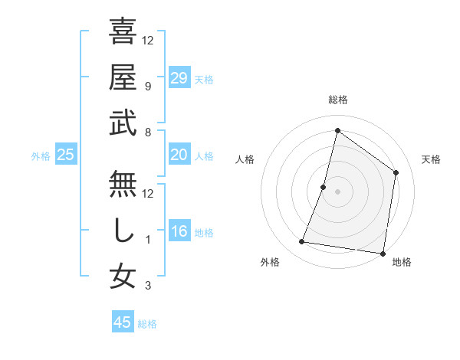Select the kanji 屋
pyautogui.click(x=123, y=78)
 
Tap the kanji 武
pyautogui.click(x=123, y=123)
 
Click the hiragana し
pyautogui.click(x=123, y=231)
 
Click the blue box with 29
pyautogui.click(x=179, y=78)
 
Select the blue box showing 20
pyautogui.click(x=179, y=155)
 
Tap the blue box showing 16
pyautogui.click(x=179, y=231)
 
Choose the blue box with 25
pyautogui.click(x=66, y=155)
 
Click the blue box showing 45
pyautogui.click(x=123, y=322)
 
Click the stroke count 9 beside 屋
pyautogui.click(x=148, y=87)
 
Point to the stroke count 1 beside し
pyautogui.click(x=148, y=240)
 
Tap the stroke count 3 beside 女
pyautogui.click(x=148, y=286)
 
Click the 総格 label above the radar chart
pyautogui.click(x=338, y=100)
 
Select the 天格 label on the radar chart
pyautogui.click(x=432, y=159)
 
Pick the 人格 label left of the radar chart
pyautogui.click(x=245, y=159)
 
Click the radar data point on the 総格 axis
pyautogui.click(x=337, y=131)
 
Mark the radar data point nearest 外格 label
pyautogui.click(x=302, y=242)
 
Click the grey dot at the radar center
pyautogui.click(x=337, y=191)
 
